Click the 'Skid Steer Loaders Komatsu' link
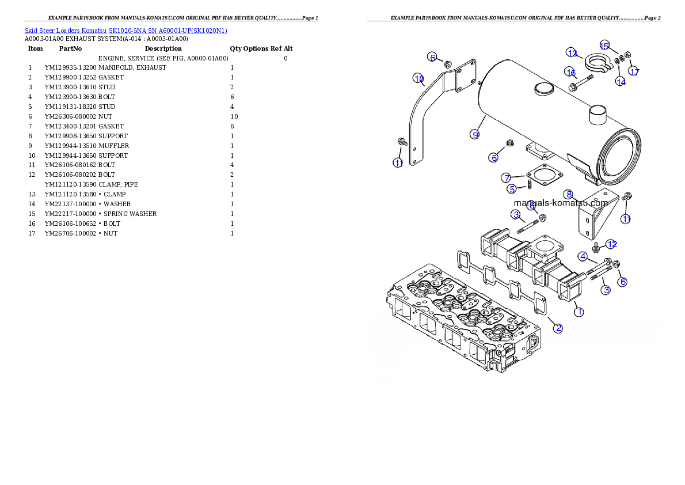(66, 31)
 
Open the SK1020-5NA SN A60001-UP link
(168, 31)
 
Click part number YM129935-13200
(70, 68)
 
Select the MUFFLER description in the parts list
(113, 146)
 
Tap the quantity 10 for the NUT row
(234, 117)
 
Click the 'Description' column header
(163, 48)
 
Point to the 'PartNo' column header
(70, 48)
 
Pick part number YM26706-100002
(70, 233)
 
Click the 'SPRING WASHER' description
(130, 214)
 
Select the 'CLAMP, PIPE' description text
(118, 184)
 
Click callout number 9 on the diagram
(475, 135)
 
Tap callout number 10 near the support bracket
(418, 79)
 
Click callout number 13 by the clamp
(572, 53)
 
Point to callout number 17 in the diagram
(634, 71)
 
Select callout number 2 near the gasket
(558, 328)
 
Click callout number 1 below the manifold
(579, 312)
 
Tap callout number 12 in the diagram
(611, 244)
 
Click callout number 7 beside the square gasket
(507, 177)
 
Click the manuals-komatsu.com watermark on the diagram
(561, 203)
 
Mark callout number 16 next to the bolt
(570, 72)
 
